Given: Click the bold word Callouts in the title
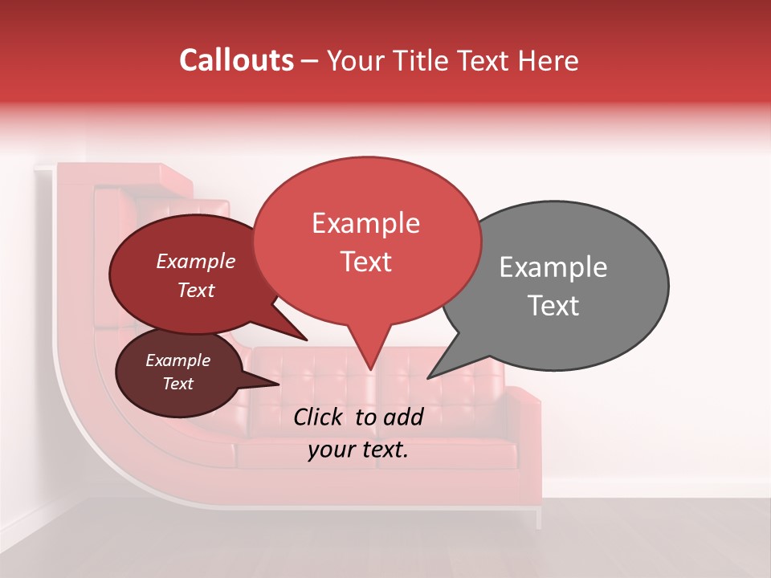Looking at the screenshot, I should [237, 60].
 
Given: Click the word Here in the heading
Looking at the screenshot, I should [546, 60].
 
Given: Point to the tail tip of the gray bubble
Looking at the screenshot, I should [429, 377].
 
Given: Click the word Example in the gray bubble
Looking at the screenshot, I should [553, 267].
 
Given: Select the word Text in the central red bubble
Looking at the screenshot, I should [366, 262].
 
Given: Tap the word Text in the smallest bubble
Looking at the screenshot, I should [178, 384].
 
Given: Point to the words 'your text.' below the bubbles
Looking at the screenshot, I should [358, 450].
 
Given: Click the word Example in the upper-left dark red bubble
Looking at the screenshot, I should [196, 261].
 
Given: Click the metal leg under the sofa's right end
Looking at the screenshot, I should [538, 519].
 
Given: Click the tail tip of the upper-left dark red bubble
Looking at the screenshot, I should [307, 340].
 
